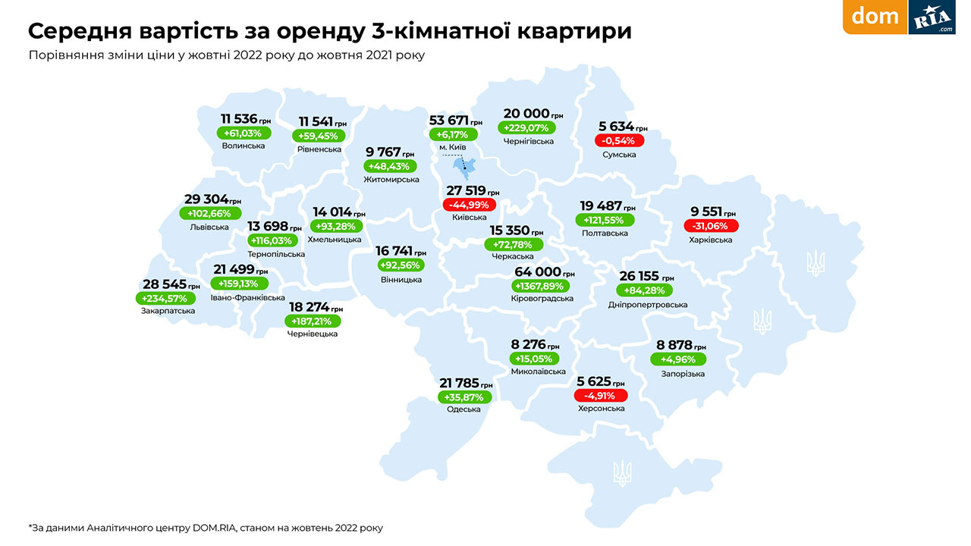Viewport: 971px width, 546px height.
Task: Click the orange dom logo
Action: click(x=875, y=17)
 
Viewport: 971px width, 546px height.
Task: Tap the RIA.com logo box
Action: click(x=932, y=17)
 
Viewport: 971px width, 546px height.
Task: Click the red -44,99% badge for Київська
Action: click(x=469, y=205)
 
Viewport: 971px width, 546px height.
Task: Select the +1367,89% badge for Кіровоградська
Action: click(x=538, y=286)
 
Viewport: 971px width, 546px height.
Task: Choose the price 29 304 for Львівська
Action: click(x=206, y=199)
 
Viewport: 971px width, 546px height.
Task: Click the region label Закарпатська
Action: click(x=168, y=311)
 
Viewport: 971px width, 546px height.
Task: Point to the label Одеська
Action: click(x=464, y=409)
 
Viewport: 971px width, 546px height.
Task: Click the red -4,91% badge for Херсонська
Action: click(x=600, y=395)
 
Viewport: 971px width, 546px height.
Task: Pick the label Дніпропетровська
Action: click(x=648, y=305)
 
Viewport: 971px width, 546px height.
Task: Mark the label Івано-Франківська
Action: click(x=247, y=298)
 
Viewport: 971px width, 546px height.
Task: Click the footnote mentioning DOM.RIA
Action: click(x=206, y=527)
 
